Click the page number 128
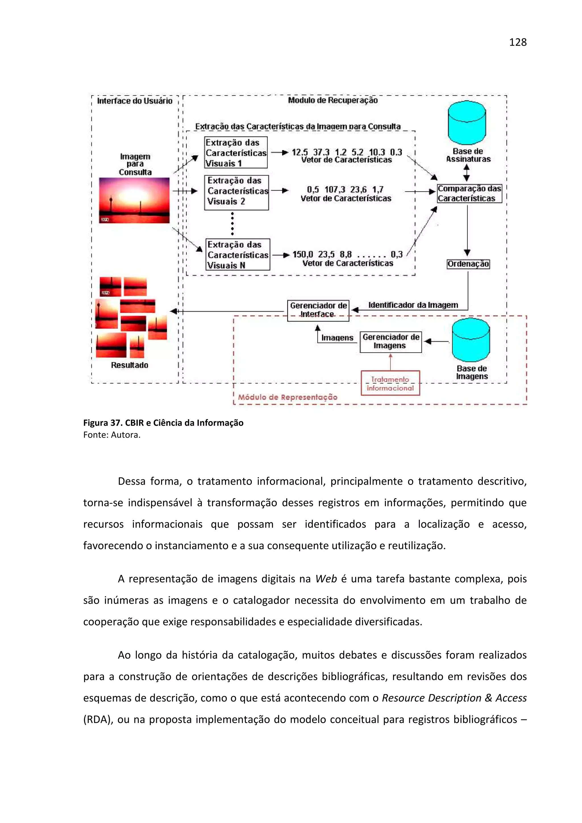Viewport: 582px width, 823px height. point(517,42)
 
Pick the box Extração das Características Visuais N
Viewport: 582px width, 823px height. point(237,254)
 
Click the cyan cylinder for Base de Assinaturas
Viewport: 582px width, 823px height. point(467,123)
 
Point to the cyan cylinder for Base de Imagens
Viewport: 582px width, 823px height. point(471,340)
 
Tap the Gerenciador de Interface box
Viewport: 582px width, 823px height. point(318,310)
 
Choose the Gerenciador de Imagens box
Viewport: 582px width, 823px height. point(390,342)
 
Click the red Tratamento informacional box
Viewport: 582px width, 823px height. point(390,383)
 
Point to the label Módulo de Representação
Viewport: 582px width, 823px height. point(288,397)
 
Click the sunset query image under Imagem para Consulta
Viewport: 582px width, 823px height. point(134,200)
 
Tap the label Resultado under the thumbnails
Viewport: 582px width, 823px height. point(130,365)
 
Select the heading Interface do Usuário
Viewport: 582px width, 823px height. point(134,101)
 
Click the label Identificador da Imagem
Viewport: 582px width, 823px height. point(413,305)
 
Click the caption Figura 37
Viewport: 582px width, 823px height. point(103,423)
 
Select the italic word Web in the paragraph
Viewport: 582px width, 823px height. point(326,579)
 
